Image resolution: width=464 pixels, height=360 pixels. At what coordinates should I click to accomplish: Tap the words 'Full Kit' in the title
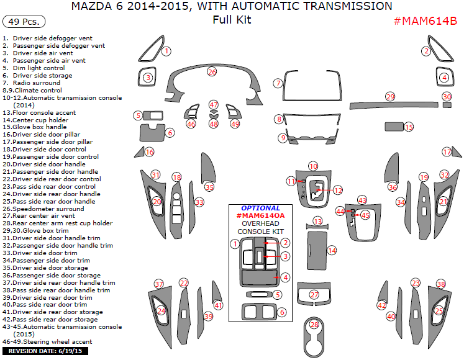(x=232, y=19)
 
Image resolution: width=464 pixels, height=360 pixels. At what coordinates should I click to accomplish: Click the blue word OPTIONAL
(x=260, y=208)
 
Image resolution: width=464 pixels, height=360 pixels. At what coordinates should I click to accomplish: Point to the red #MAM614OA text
(x=260, y=215)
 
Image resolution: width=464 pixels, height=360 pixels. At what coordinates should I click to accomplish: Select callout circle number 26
(x=212, y=72)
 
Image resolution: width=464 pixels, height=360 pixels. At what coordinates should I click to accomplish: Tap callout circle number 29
(x=390, y=96)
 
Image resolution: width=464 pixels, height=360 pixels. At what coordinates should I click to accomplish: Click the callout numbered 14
(x=332, y=250)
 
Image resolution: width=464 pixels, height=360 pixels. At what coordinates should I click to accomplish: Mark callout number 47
(x=214, y=105)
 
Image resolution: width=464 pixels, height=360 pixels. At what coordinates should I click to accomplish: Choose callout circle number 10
(x=313, y=166)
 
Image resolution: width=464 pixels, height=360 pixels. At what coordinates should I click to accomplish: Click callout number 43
(x=362, y=200)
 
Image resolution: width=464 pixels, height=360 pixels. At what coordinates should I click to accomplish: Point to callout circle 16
(x=149, y=152)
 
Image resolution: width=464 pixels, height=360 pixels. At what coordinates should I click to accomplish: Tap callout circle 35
(x=209, y=187)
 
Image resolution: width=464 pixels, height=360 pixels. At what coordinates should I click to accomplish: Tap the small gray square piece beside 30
(x=447, y=104)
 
